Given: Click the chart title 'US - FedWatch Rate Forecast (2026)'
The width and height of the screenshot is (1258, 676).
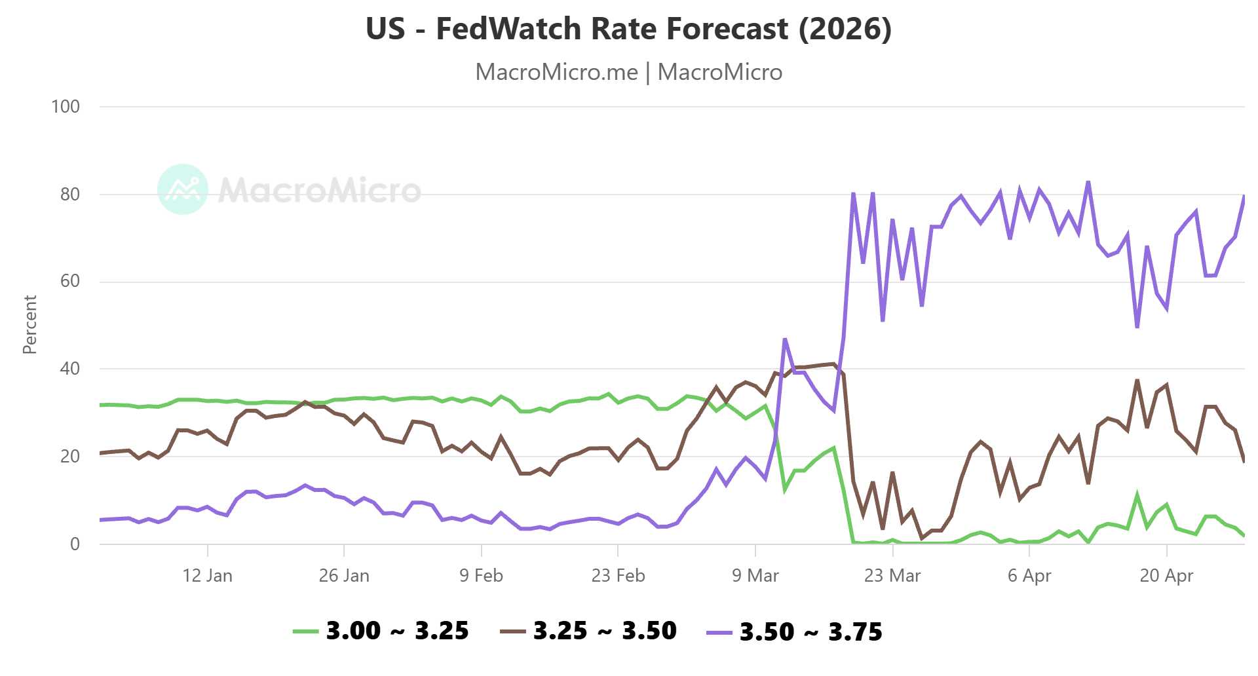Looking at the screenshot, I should tap(628, 29).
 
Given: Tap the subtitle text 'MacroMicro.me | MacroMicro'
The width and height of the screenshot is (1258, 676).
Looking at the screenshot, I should tap(628, 72).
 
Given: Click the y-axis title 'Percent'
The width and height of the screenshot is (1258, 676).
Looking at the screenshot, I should tap(29, 325).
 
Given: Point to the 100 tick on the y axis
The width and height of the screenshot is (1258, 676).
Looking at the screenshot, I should tap(66, 107).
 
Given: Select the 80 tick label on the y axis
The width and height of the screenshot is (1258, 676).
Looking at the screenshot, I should tap(69, 195).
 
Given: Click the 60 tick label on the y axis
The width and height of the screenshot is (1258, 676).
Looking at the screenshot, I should tap(69, 282).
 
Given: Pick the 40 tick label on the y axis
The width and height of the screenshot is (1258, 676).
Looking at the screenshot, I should tap(69, 369).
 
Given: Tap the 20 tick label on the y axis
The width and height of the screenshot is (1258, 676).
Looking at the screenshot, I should tap(69, 457).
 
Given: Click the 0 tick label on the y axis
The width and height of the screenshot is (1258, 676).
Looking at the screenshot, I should tap(75, 544).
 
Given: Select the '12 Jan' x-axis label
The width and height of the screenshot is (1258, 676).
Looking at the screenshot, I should tap(207, 576).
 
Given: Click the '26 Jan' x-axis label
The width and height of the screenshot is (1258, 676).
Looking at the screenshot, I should tap(344, 576).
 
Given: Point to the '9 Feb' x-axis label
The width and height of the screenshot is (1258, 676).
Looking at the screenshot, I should tap(481, 576).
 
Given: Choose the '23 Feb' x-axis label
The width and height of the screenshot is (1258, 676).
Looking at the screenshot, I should tap(618, 576).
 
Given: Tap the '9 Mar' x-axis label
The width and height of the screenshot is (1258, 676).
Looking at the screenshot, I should tap(755, 576).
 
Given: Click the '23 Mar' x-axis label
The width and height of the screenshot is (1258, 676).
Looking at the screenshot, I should tap(892, 576).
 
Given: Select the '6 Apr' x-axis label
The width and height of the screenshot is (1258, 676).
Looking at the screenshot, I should tap(1029, 576).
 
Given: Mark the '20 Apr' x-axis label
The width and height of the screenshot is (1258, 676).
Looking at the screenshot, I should tap(1166, 576).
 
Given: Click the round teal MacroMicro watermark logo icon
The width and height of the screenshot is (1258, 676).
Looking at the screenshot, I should tap(183, 189).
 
